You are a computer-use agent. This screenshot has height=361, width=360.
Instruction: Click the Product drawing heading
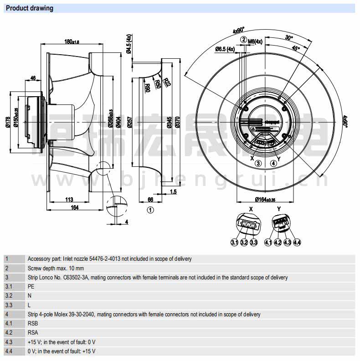[30, 8]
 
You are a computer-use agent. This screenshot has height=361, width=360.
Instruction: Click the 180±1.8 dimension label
[72, 42]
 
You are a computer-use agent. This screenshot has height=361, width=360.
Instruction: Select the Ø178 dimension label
[7, 122]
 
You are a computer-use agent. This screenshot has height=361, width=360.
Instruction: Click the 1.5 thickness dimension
[174, 192]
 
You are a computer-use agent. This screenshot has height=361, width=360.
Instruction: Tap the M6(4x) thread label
[255, 41]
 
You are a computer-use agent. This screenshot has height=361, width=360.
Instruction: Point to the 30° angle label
[288, 38]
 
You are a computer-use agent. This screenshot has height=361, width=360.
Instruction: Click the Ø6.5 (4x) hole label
[225, 49]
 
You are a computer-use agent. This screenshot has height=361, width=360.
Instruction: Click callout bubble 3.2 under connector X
[244, 242]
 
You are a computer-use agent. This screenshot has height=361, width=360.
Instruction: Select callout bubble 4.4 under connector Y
[297, 242]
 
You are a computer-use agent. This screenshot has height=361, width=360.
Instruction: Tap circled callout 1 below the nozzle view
[151, 210]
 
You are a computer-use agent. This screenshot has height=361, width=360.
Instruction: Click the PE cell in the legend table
[31, 287]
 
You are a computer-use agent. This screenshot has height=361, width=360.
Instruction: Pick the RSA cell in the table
[33, 333]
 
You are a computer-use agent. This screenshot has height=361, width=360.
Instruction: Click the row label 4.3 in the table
[9, 342]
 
